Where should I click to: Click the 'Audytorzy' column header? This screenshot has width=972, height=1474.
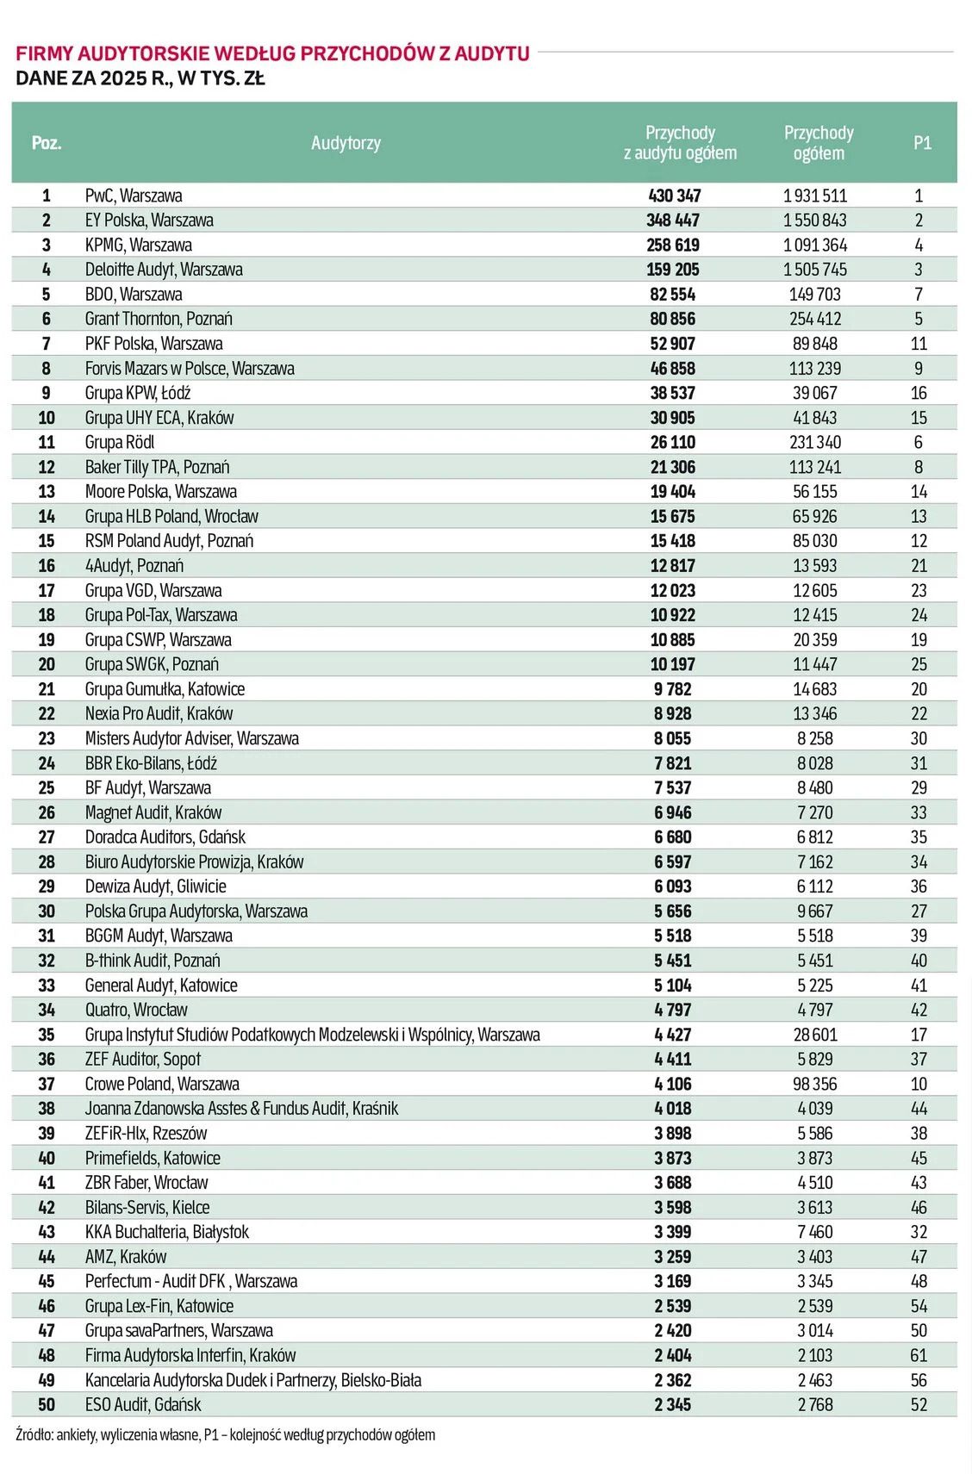coord(346,143)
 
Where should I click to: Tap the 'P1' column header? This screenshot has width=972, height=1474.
coord(922,143)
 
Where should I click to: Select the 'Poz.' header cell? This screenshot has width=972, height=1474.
coord(47,143)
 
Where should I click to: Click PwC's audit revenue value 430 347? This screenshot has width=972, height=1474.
coord(674,196)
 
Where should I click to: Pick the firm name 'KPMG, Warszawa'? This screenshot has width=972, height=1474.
coord(138,246)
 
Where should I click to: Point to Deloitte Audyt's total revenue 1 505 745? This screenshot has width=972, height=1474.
coord(815,270)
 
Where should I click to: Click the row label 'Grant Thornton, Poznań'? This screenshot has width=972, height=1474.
coord(159,319)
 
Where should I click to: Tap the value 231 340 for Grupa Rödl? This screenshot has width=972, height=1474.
coord(815,443)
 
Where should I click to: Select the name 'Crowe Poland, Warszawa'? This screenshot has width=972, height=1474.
coord(162,1085)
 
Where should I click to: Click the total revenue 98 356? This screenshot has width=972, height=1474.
coord(815,1085)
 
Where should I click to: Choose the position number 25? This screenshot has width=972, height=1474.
coord(47,788)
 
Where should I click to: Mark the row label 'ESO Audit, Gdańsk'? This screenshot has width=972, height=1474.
coord(143,1405)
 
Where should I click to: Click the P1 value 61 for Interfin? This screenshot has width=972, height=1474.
coord(919,1356)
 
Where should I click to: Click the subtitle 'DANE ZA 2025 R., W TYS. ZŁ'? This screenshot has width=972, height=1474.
coord(140,78)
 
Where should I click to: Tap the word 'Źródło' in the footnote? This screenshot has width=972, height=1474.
coord(34,1435)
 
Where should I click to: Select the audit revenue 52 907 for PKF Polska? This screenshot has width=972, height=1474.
coord(673,344)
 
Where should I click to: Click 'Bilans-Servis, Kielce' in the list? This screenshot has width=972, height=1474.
coord(147,1208)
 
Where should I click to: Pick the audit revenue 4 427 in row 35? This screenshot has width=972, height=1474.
coord(673,1035)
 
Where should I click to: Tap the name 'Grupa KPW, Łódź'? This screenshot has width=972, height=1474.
coord(138,394)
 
